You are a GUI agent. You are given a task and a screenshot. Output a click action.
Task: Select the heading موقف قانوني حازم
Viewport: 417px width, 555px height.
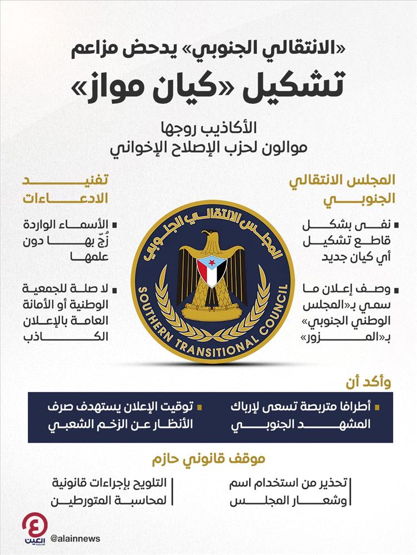[208, 459]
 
